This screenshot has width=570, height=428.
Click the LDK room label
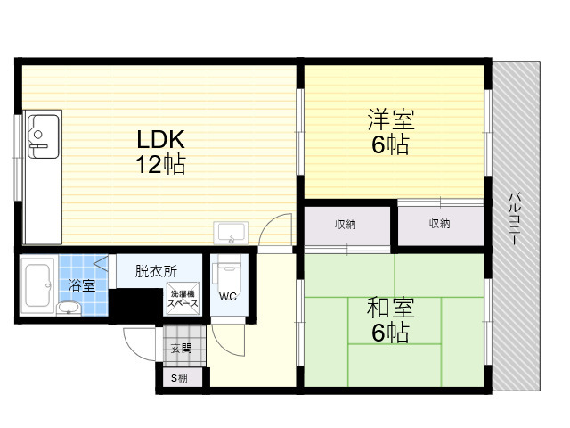pos(160,139)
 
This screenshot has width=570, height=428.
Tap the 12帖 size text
pos(160,164)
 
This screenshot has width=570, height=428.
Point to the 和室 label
pos(390,308)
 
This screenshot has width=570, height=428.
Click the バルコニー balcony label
pos(513,219)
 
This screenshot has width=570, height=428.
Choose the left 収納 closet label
pos(346,224)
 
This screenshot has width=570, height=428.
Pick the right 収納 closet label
pos(439,223)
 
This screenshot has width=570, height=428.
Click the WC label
pos(228,297)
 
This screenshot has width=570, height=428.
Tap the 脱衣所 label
pos(156,271)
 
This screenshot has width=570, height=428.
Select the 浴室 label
pos(81,285)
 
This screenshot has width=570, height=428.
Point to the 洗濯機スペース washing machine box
pos(183,299)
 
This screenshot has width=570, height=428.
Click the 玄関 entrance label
pos(182,349)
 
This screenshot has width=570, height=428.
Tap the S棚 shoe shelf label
pos(179,378)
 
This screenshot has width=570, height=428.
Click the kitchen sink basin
pos(44,136)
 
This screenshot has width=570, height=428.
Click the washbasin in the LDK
pos(232,232)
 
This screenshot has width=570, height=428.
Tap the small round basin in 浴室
pos(69,308)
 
